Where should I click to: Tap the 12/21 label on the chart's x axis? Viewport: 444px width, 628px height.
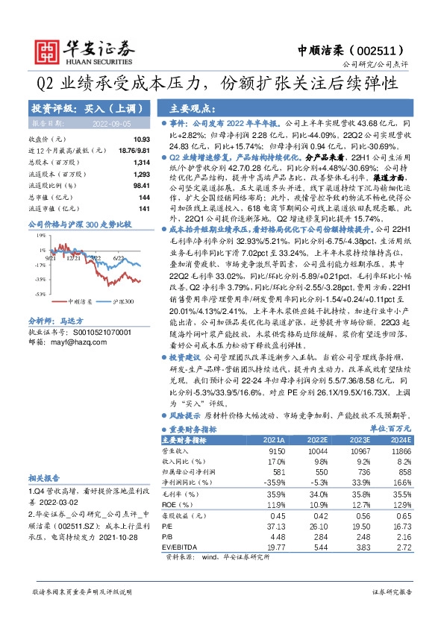click(74, 258)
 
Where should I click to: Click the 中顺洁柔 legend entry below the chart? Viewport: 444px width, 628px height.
click(81, 301)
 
